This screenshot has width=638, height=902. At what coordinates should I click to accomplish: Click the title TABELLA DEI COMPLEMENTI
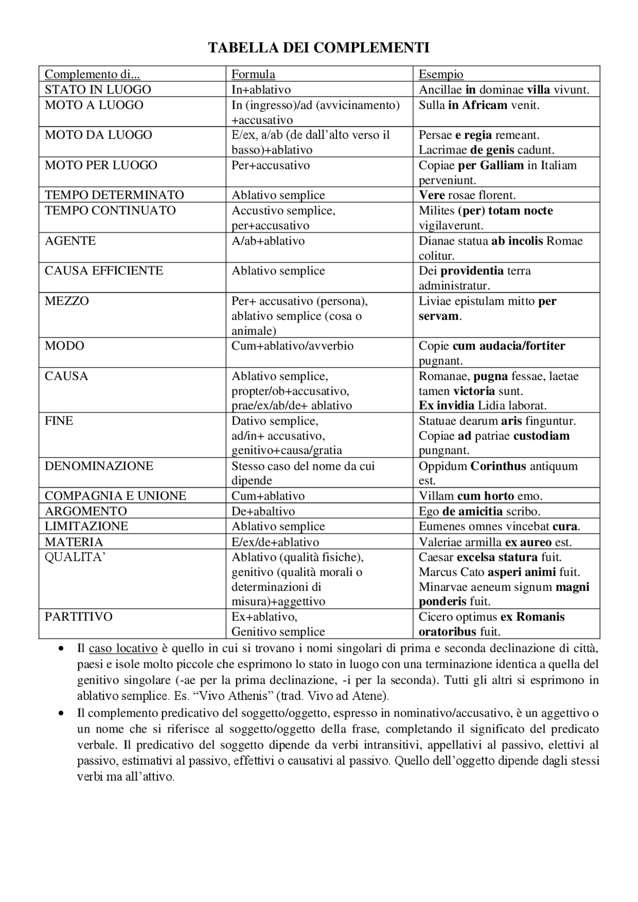click(319, 48)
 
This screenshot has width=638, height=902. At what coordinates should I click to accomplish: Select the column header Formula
click(253, 74)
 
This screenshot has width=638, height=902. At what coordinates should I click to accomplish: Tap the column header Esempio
click(441, 74)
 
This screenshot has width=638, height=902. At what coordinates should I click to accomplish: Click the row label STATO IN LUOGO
click(98, 90)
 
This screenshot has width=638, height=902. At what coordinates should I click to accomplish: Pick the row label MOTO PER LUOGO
click(101, 165)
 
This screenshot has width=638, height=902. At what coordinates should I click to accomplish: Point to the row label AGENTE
click(63, 241)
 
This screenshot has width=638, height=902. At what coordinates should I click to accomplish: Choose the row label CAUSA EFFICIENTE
click(104, 271)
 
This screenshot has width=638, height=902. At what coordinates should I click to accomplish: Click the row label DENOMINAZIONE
click(99, 466)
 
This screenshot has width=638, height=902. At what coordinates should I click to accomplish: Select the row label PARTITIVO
click(79, 617)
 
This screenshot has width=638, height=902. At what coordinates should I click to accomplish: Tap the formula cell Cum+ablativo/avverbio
click(292, 346)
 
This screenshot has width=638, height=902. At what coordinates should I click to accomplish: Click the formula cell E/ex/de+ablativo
click(275, 542)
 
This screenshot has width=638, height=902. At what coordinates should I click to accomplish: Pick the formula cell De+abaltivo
click(263, 512)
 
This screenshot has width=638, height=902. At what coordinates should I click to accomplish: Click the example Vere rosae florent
click(467, 195)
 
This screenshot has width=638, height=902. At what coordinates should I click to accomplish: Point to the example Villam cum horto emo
click(480, 496)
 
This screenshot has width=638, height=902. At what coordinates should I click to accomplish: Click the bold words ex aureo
click(528, 542)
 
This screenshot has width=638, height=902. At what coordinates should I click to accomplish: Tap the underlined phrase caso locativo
click(123, 648)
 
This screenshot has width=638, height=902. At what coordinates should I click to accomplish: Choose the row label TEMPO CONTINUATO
click(110, 211)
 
